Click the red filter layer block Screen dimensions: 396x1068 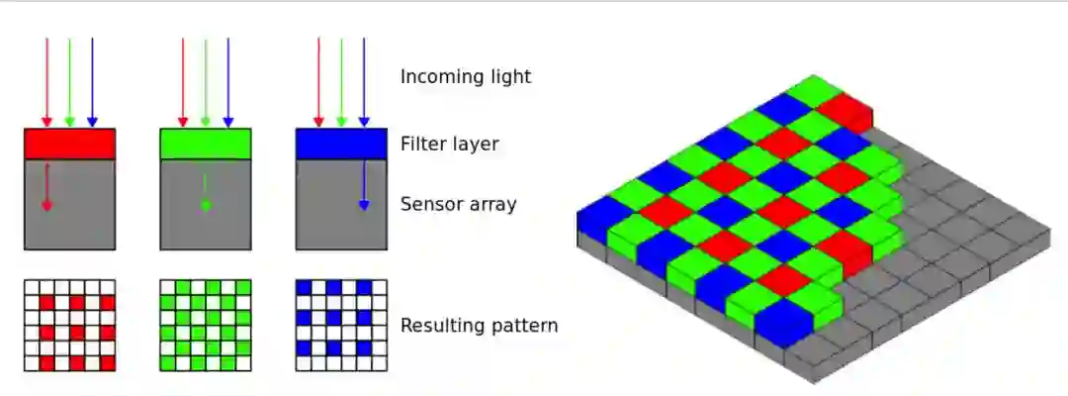[x=69, y=145]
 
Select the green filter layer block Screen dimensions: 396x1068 [x=205, y=145]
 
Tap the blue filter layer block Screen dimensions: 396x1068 [x=340, y=145]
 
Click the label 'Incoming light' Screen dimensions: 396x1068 [x=465, y=76]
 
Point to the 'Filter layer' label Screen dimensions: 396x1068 [x=449, y=145]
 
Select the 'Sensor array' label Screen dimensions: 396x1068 [x=459, y=205]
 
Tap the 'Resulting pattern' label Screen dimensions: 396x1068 [x=479, y=325]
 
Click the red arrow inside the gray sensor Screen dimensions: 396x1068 [x=46, y=187]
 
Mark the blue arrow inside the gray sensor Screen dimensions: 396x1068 [x=364, y=187]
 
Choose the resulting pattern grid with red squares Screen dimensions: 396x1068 [x=69, y=325]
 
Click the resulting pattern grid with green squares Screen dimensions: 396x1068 [x=205, y=325]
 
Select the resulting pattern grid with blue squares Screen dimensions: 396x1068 [x=340, y=325]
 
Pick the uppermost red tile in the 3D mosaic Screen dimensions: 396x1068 [x=844, y=107]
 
